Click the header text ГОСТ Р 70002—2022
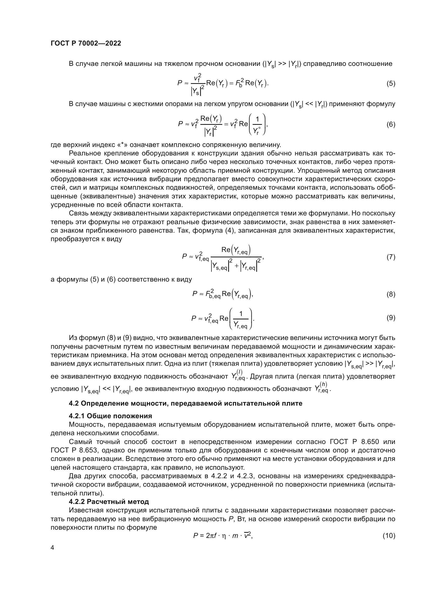[x=86, y=43]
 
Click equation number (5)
[x=391, y=84]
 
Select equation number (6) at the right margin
[x=391, y=124]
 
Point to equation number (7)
[x=391, y=257]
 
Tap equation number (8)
[x=391, y=294]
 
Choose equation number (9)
[x=391, y=318]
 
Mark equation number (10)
[x=389, y=535]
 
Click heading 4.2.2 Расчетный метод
[x=109, y=502]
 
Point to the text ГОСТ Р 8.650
[x=354, y=442]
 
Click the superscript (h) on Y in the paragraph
[x=324, y=384]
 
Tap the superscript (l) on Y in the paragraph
[x=239, y=372]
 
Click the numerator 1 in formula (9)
[x=241, y=313]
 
